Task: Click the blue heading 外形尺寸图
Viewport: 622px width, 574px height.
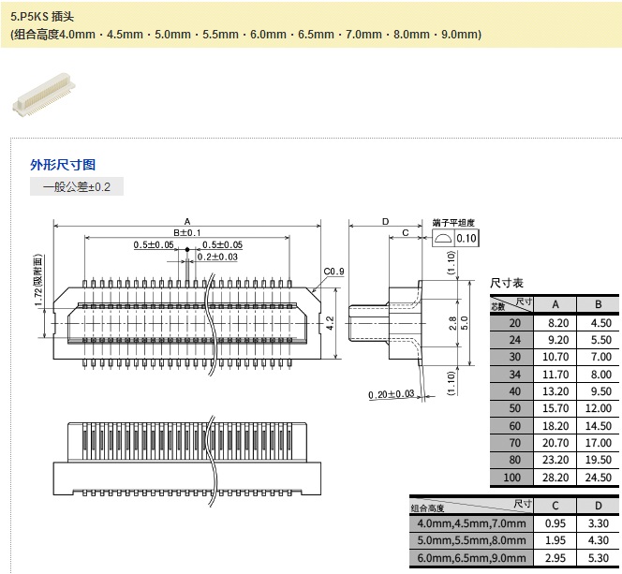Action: tap(63, 164)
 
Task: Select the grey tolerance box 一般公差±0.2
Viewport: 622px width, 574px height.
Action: tap(77, 186)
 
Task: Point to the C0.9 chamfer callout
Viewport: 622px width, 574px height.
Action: tap(334, 272)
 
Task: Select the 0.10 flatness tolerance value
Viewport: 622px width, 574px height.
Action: tap(466, 239)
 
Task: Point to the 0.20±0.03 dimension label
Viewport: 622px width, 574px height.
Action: tap(392, 393)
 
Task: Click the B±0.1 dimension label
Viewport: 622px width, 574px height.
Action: tap(186, 231)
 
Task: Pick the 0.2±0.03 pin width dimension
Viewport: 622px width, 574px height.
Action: tap(217, 256)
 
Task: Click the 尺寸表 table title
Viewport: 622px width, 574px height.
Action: tap(507, 282)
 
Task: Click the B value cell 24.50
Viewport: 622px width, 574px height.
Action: tap(597, 478)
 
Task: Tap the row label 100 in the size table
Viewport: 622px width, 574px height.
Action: tap(513, 478)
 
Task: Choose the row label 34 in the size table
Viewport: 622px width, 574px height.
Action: tap(513, 374)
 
